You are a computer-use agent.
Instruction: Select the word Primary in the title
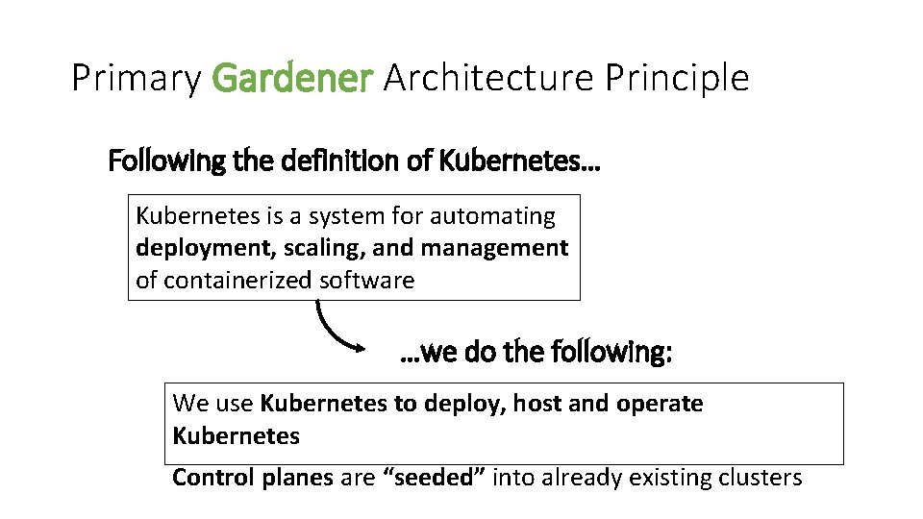tap(136, 79)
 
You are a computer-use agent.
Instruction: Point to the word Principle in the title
tap(677, 79)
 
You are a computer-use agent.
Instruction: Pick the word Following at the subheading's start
tap(168, 161)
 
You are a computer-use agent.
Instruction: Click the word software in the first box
tap(366, 280)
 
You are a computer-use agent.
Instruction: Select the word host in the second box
tap(537, 404)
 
